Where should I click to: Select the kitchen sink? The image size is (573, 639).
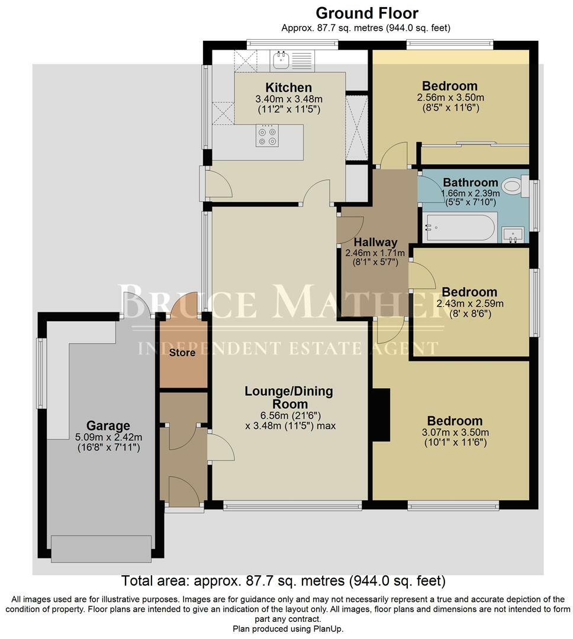coord(280,58)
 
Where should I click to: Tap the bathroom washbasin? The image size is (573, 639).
coord(513,234)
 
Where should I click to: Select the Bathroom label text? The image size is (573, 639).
coord(470,182)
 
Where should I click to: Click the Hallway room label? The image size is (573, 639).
coord(375,242)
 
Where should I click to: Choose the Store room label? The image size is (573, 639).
coord(183,353)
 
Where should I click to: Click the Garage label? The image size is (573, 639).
coord(108,425)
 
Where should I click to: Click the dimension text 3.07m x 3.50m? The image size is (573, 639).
coord(455,433)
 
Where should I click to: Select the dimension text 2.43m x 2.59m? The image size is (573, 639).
coord(469,304)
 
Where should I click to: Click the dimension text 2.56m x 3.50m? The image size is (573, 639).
coord(450,98)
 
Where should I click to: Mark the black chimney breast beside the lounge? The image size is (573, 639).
coord(381,415)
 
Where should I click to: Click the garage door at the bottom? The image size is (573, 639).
coord(101,548)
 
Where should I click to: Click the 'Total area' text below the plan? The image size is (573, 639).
coord(284,580)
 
